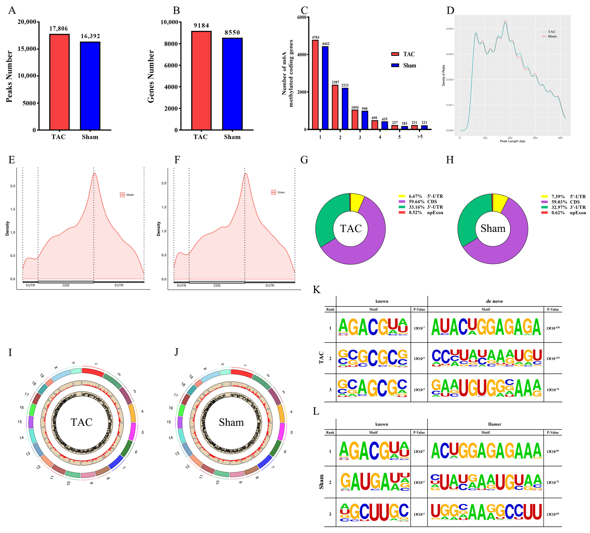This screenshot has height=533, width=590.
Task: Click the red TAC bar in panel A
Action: point(59,82)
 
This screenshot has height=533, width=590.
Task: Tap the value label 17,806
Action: point(59,28)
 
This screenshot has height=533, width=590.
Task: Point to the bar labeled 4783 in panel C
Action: point(315,85)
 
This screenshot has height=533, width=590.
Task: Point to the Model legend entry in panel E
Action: point(127,195)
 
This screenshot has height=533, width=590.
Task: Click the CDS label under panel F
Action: point(217,286)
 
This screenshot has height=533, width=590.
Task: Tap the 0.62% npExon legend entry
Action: point(563,213)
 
